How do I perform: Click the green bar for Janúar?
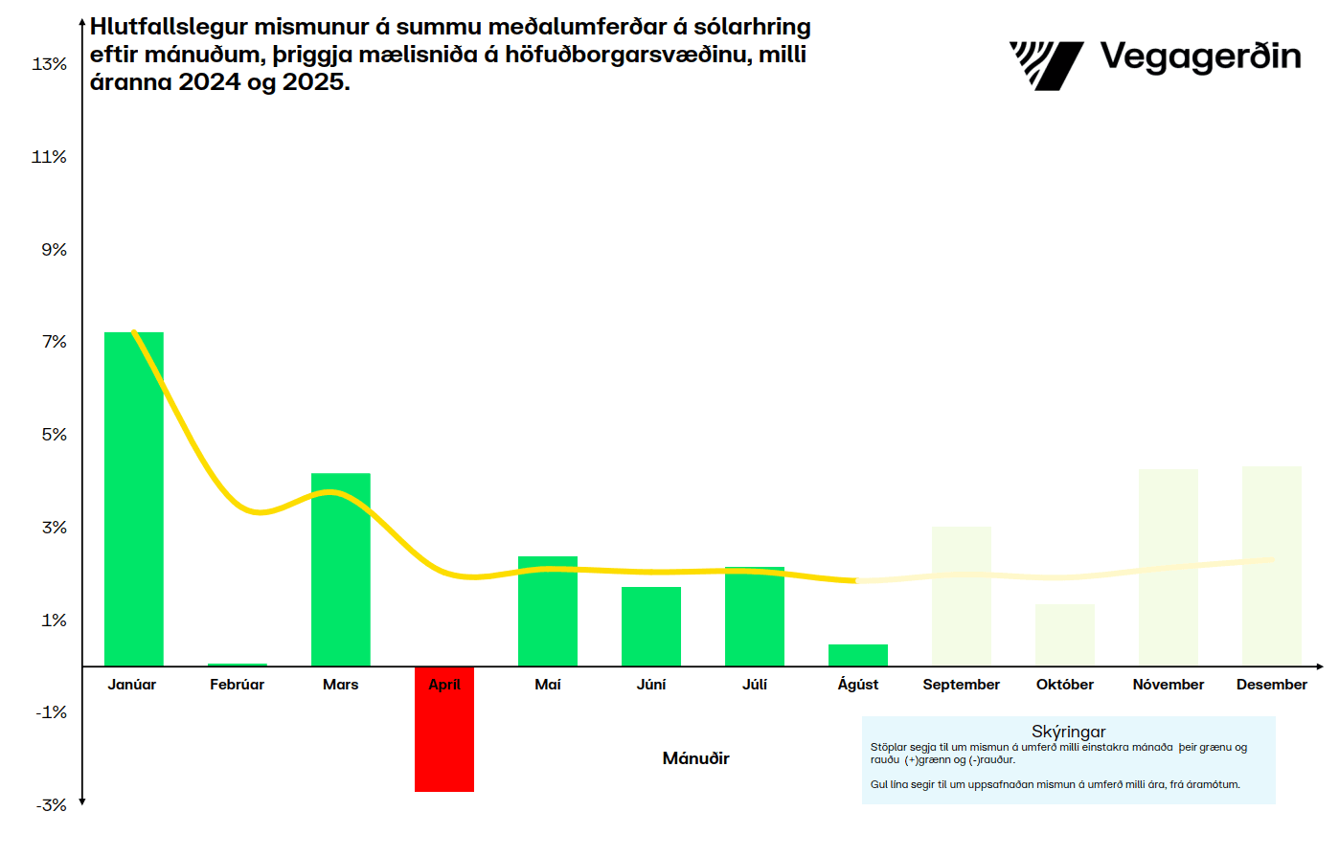click(134, 498)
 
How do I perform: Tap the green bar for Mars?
click(341, 570)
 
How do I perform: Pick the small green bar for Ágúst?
click(858, 656)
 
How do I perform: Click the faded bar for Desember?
click(1272, 566)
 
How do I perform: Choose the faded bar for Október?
click(1065, 635)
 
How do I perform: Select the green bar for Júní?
click(651, 626)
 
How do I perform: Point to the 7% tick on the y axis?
click(55, 342)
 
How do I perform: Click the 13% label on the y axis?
click(50, 64)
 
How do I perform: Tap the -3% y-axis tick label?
click(52, 805)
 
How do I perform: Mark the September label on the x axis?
click(961, 685)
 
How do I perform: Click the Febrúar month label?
click(237, 685)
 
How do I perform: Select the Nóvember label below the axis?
click(1169, 685)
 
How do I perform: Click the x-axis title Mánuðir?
click(695, 758)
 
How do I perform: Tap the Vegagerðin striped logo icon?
click(1046, 65)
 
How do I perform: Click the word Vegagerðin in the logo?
click(1200, 57)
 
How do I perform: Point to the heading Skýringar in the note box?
click(1068, 732)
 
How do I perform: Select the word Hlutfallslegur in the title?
click(169, 27)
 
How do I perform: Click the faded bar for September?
click(962, 596)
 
